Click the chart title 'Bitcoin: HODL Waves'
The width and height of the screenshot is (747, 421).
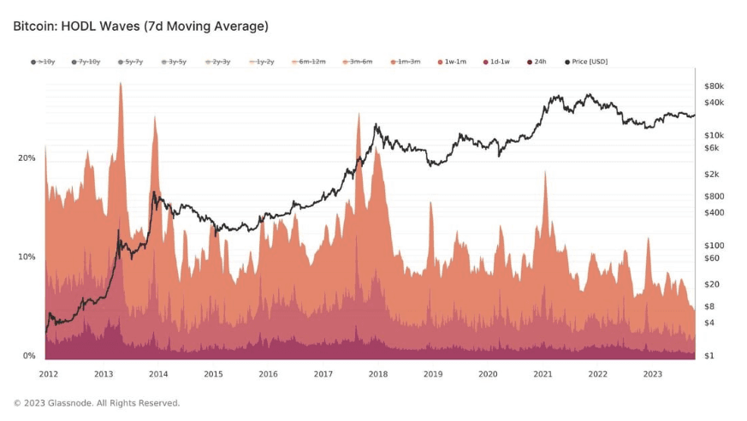pyautogui.click(x=140, y=27)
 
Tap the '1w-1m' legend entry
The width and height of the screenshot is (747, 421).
pyautogui.click(x=453, y=62)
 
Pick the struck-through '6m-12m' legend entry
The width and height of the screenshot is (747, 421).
pyautogui.click(x=311, y=62)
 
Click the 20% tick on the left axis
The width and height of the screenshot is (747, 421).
pyautogui.click(x=27, y=158)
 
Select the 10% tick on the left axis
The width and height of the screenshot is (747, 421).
pyautogui.click(x=27, y=257)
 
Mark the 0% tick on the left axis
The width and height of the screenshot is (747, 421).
pyautogui.click(x=28, y=356)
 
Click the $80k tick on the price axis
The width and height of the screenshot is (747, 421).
pyautogui.click(x=714, y=86)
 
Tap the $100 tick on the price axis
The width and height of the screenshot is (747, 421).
pyautogui.click(x=714, y=245)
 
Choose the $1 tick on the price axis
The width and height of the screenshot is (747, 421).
pyautogui.click(x=708, y=356)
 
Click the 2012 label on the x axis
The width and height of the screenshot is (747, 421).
pyautogui.click(x=49, y=374)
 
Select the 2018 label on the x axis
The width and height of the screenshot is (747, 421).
pyautogui.click(x=378, y=374)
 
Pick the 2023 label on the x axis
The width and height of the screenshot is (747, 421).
pyautogui.click(x=652, y=374)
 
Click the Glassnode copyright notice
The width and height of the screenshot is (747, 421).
pyautogui.click(x=97, y=403)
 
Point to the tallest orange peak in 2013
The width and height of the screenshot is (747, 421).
pyautogui.click(x=120, y=84)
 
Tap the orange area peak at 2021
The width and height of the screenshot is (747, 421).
pyautogui.click(x=544, y=172)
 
